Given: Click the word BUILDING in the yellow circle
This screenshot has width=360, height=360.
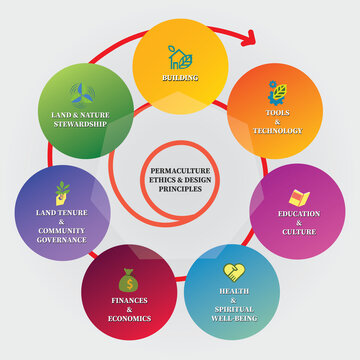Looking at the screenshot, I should (180, 76).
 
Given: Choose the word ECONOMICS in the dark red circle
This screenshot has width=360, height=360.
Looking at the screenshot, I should (130, 318).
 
